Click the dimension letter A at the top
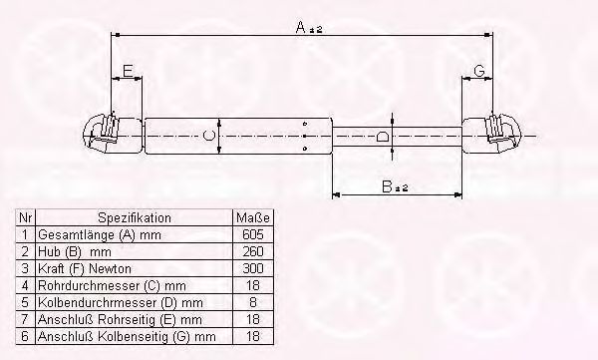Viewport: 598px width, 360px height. [301, 28]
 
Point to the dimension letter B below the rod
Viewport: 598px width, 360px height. [387, 186]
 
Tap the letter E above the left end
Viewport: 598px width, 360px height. [129, 71]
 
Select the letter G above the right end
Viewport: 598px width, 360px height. [479, 71]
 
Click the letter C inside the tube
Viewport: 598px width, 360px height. [208, 136]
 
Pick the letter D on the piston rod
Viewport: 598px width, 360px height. [383, 137]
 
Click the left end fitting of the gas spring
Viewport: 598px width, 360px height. [113, 135]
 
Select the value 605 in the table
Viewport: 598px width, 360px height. [253, 234]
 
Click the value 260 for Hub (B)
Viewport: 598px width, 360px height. [253, 251]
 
